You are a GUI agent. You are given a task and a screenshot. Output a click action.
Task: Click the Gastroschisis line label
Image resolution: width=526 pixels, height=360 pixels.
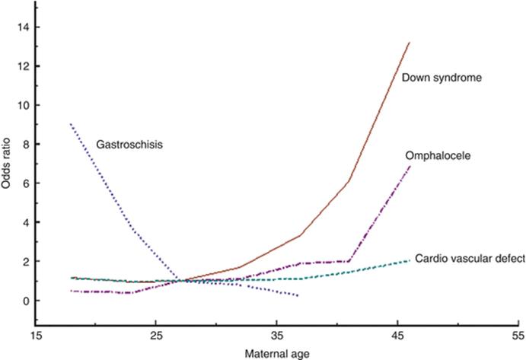tap(130, 143)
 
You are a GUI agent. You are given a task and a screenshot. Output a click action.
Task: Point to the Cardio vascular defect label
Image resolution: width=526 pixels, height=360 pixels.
tap(470, 259)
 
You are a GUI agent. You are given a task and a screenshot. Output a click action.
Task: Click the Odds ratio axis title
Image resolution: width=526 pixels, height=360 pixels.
tap(8, 182)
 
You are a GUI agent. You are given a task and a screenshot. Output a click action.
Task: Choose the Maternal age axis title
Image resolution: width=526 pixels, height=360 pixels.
tap(277, 353)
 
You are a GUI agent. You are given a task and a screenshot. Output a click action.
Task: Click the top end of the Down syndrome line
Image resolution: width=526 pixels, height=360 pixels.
tap(410, 43)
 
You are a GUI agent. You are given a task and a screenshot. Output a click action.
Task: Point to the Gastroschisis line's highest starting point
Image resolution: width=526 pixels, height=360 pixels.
tap(71, 124)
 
